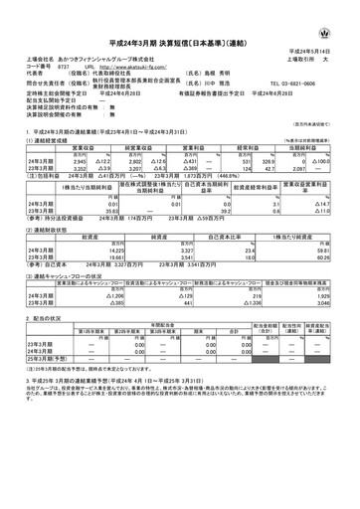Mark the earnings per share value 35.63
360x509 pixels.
tap(92, 211)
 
